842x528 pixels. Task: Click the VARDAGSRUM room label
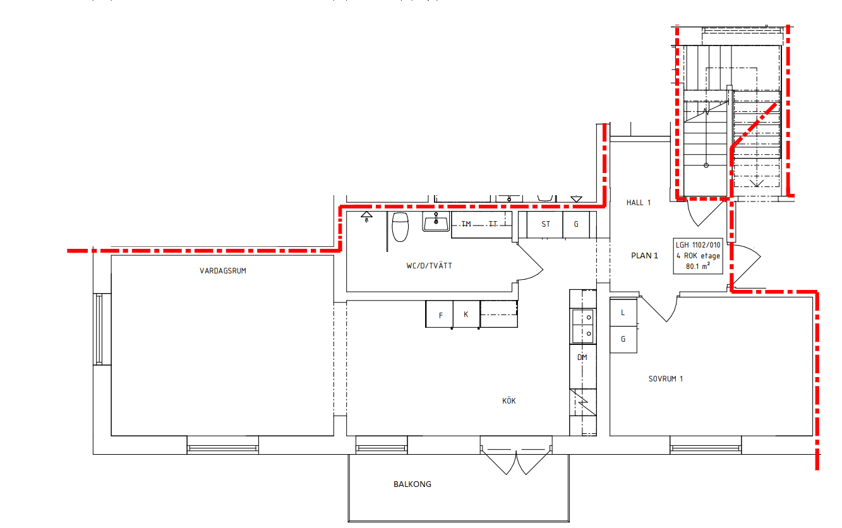223,271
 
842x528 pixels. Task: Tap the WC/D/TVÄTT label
429,266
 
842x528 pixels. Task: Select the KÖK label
509,400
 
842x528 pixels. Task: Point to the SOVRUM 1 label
666,379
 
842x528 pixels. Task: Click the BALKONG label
412,484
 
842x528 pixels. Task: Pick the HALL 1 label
638,203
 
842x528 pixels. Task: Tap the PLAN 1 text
644,256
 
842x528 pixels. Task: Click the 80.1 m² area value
697,267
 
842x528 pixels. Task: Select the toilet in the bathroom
400,227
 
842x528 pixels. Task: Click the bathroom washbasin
436,222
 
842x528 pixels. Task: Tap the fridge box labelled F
440,315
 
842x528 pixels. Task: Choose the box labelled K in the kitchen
466,315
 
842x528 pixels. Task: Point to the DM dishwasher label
582,357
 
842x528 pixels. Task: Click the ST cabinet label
546,224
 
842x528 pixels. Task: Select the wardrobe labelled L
623,312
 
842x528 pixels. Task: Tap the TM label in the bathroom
466,224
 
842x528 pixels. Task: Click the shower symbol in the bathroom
366,217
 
